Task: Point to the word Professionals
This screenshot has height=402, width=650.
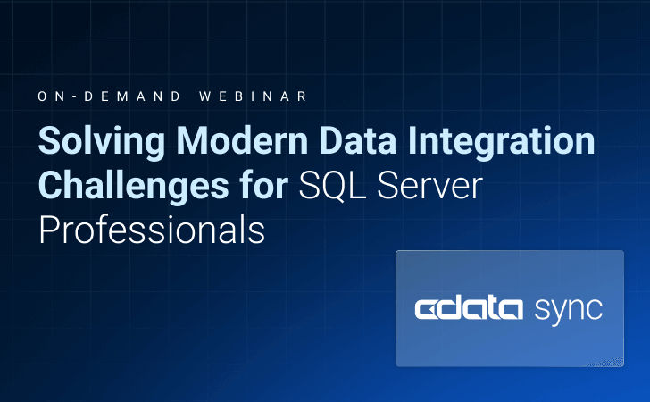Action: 152,230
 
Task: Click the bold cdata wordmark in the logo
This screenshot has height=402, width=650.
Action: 469,308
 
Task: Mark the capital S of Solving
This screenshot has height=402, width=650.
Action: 49,143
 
